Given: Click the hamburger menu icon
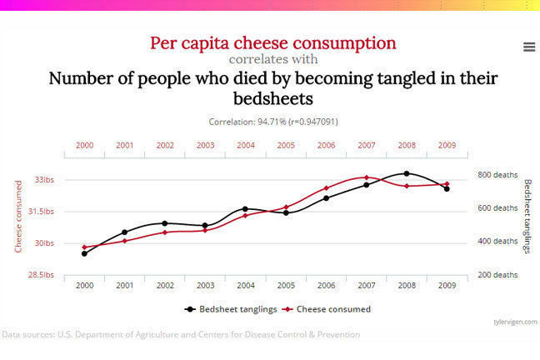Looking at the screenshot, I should tap(528, 47).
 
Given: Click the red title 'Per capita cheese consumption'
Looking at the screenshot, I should tap(273, 42).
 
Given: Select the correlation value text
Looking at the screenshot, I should tap(273, 122).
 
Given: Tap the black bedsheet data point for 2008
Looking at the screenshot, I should tap(406, 173).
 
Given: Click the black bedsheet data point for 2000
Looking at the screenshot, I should tap(84, 253).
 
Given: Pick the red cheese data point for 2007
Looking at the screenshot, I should tap(366, 177).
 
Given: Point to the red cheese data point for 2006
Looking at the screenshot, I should tap(326, 188).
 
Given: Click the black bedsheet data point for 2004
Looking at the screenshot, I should tap(245, 209).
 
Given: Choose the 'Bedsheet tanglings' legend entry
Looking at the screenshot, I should tap(232, 308).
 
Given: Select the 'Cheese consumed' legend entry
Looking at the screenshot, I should tap(327, 308).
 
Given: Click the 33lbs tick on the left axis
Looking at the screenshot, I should tap(43, 180).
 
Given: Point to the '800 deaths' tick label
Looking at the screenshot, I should tap(497, 175).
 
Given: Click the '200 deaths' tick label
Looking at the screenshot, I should tap(497, 275).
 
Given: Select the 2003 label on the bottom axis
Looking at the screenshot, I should tap(205, 285).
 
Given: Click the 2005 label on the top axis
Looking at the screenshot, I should tap(286, 145).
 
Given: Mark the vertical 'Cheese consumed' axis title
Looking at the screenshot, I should tap(18, 217).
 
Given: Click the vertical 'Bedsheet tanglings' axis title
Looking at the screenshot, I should tap(527, 217).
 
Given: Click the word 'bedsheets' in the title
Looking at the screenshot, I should tap(273, 99).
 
